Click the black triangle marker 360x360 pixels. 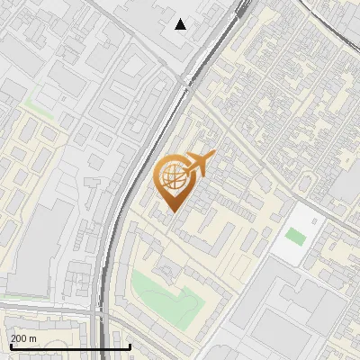point(181,24)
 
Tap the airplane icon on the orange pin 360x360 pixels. point(199,163)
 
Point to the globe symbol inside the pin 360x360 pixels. point(174,175)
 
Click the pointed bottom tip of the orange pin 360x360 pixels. point(173,211)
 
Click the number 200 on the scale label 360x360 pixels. point(20,337)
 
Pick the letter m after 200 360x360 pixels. point(33,337)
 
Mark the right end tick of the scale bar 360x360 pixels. point(130,346)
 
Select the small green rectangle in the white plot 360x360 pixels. point(294,237)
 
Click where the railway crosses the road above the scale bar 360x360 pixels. point(101,310)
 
